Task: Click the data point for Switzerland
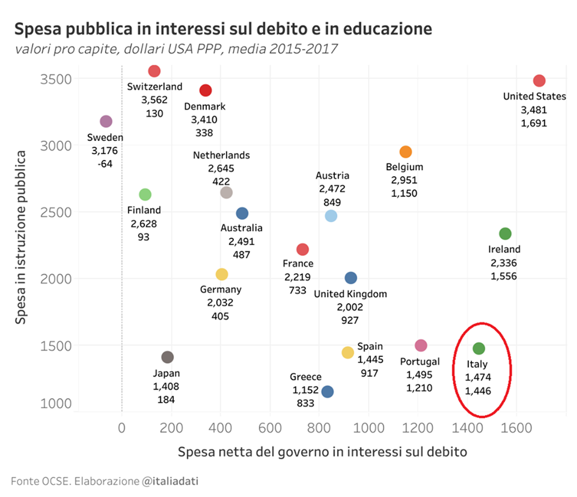pyautogui.click(x=154, y=71)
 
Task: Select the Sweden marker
pyautogui.click(x=106, y=121)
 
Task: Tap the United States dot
pyautogui.click(x=539, y=81)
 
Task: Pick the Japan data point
pyautogui.click(x=167, y=357)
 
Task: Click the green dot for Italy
pyautogui.click(x=479, y=348)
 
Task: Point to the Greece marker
pyautogui.click(x=328, y=391)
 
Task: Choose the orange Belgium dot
pyautogui.click(x=406, y=152)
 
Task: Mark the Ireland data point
pyautogui.click(x=505, y=233)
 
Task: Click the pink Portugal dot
pyautogui.click(x=421, y=345)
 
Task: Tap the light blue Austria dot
pyautogui.click(x=331, y=216)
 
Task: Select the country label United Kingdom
pyautogui.click(x=350, y=294)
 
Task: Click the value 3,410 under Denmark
pyautogui.click(x=204, y=120)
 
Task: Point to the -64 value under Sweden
pyautogui.click(x=105, y=164)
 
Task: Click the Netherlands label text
pyautogui.click(x=221, y=155)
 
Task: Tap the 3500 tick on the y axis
pyautogui.click(x=56, y=79)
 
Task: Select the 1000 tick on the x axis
pyautogui.click(x=369, y=427)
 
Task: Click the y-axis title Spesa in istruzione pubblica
pyautogui.click(x=20, y=237)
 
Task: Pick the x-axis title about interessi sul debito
pyautogui.click(x=322, y=452)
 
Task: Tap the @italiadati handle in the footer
pyautogui.click(x=170, y=481)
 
